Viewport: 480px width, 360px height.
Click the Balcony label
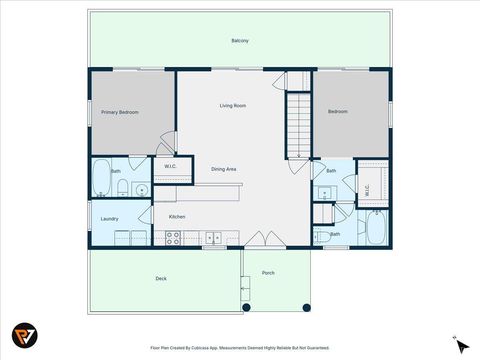[240, 41]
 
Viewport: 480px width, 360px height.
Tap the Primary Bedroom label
[119, 112]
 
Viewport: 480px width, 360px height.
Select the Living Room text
[233, 105]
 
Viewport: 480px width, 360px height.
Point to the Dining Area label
[224, 169]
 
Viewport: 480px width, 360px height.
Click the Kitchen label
[176, 216]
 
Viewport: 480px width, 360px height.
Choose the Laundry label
[110, 218]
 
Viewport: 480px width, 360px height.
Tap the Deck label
[160, 278]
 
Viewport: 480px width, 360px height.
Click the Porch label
[268, 273]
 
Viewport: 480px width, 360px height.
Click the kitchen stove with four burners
[172, 238]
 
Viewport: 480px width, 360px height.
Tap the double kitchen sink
[213, 238]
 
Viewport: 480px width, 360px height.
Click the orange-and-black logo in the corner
[24, 336]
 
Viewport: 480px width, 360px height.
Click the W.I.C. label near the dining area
[170, 166]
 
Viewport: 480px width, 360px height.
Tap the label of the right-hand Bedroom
[338, 111]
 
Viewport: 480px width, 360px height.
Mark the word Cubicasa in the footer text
[211, 348]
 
